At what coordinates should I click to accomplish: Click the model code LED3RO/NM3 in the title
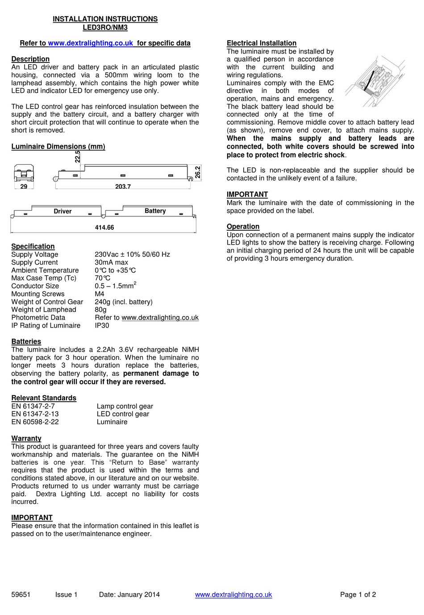click(x=105, y=27)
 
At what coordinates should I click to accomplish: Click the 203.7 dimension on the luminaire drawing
click(x=123, y=187)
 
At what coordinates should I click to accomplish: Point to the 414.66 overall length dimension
click(x=104, y=228)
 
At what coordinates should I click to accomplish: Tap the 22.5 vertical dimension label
click(x=78, y=157)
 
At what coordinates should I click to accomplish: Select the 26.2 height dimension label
click(x=198, y=172)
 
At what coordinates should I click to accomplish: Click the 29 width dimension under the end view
click(x=24, y=187)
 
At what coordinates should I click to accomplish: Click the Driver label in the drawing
click(x=62, y=212)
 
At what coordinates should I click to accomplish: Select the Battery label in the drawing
click(x=155, y=211)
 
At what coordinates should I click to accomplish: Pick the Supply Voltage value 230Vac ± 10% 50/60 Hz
click(x=132, y=254)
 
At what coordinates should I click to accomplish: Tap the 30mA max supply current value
click(x=111, y=262)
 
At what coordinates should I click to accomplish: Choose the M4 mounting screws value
click(x=99, y=294)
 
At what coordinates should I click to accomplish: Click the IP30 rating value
click(x=102, y=325)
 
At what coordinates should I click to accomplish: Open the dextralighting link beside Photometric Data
click(x=160, y=318)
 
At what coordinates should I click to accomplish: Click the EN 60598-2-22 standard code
click(x=35, y=422)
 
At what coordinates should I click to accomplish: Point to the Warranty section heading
click(x=26, y=438)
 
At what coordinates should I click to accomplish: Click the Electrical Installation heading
click(x=261, y=43)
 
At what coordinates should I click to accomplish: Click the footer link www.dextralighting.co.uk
click(x=233, y=594)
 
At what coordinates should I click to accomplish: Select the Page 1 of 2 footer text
click(x=357, y=594)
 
